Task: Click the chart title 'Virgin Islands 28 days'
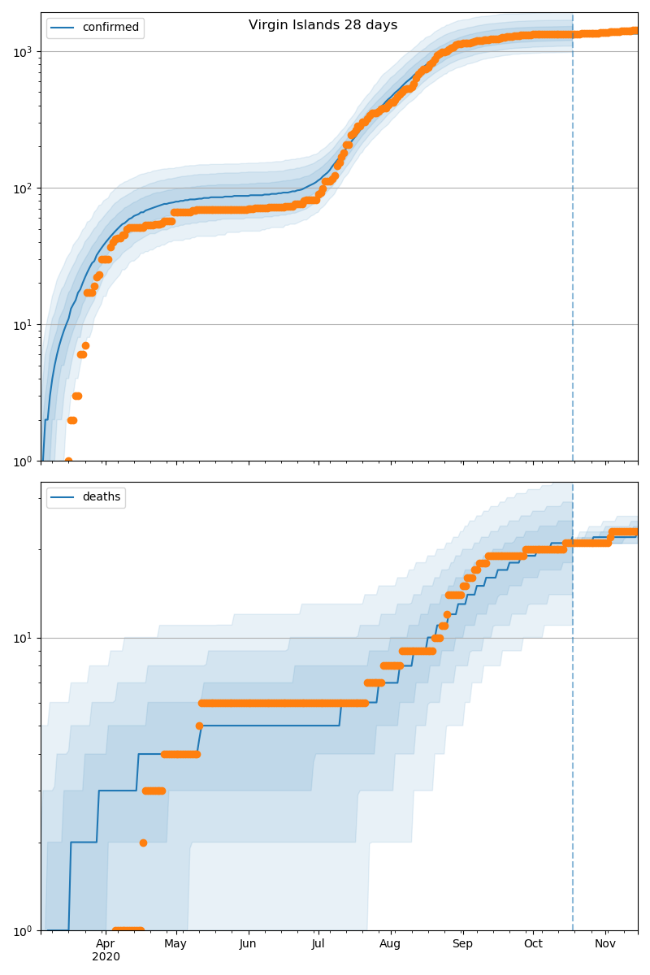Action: (x=323, y=25)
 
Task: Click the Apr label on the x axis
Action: (x=106, y=943)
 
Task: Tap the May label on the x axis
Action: (x=175, y=943)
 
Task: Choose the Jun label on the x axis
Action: (x=248, y=943)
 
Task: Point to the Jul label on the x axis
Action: (x=318, y=943)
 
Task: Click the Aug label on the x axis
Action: (x=390, y=943)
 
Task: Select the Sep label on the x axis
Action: (x=462, y=943)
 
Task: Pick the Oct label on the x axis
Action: (x=533, y=943)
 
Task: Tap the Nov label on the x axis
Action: (x=605, y=943)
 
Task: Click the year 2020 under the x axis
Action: (x=106, y=956)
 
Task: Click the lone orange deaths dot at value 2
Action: (x=143, y=843)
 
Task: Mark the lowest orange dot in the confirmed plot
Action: (x=68, y=461)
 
